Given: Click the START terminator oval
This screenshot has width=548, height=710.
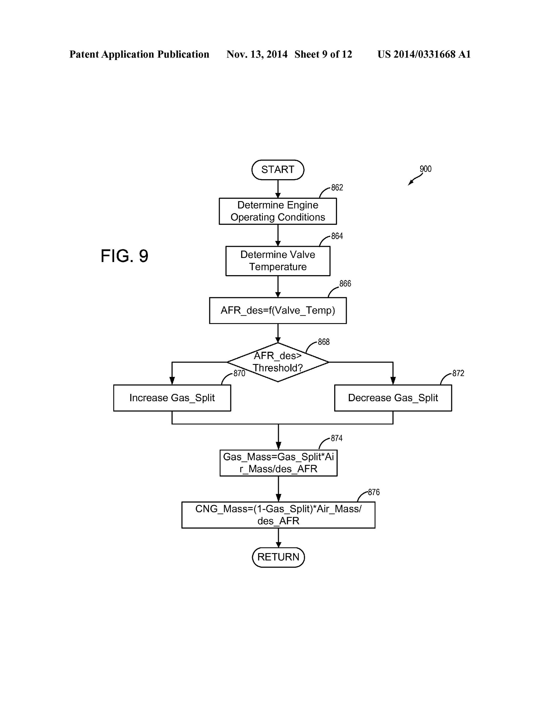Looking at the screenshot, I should click(278, 170).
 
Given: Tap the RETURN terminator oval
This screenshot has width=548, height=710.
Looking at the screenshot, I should click(278, 557).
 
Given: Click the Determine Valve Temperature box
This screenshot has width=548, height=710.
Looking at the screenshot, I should click(278, 261).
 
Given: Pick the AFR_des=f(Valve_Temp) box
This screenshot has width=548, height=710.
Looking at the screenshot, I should click(278, 311).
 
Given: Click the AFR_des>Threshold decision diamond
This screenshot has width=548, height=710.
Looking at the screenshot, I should click(278, 362).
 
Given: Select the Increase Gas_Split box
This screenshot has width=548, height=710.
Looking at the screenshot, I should click(172, 398).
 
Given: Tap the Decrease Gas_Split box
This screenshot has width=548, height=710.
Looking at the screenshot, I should click(393, 398).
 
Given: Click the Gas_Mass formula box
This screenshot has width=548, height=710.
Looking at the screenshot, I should click(278, 463).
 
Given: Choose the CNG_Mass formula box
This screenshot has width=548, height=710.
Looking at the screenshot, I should click(278, 515).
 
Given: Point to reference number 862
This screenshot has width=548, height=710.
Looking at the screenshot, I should click(337, 188).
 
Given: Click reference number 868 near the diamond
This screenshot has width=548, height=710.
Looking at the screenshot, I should click(324, 342).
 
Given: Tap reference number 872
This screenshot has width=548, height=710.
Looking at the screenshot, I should click(458, 373).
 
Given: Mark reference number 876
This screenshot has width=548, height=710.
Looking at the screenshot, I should click(374, 492).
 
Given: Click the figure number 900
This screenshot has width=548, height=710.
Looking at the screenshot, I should click(425, 169).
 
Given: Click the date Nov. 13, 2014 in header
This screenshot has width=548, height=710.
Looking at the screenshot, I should click(257, 54).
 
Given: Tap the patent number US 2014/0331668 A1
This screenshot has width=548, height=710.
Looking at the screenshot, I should click(424, 54).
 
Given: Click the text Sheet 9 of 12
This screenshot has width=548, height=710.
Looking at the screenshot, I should click(323, 54).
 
